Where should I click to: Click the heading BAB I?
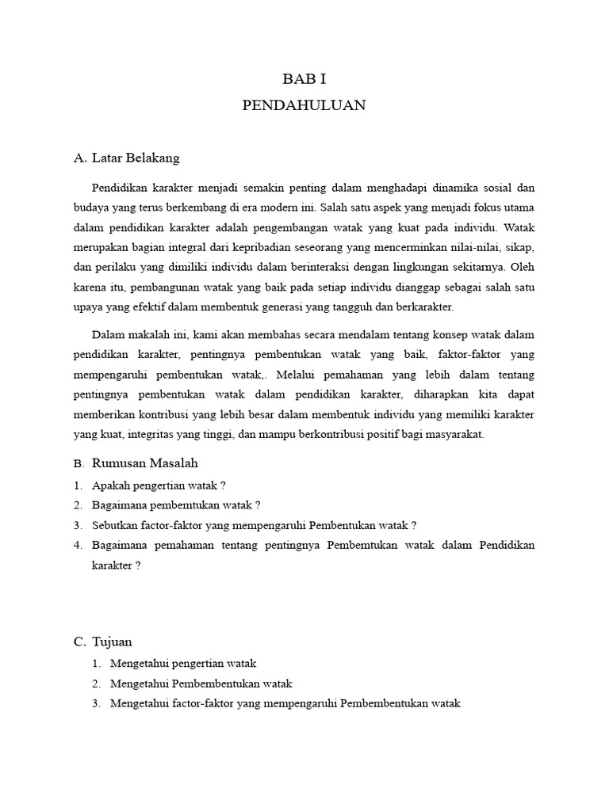pyautogui.click(x=304, y=79)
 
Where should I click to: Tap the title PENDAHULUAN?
pyautogui.click(x=304, y=106)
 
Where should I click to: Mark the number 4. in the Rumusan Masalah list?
pyautogui.click(x=78, y=545)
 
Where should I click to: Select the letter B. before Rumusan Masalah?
pyautogui.click(x=78, y=463)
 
